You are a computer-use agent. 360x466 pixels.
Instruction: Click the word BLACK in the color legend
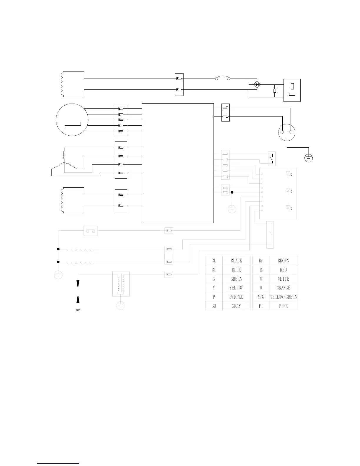[236, 261]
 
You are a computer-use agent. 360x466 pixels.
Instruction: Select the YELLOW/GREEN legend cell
[283, 297]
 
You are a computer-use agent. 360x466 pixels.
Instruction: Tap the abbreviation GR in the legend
[214, 306]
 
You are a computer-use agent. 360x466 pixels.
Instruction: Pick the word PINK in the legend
[283, 306]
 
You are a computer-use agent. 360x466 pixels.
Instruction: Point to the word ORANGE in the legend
[283, 288]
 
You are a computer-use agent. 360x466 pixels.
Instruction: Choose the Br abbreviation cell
[261, 261]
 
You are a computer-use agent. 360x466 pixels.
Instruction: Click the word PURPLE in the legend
[236, 297]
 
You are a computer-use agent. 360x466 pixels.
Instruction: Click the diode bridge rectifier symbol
[257, 84]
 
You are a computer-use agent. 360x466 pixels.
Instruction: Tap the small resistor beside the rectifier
[275, 91]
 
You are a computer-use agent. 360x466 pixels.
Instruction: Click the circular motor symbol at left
[72, 120]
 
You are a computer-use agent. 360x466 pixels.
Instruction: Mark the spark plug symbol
[121, 284]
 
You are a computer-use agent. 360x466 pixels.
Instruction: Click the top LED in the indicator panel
[288, 174]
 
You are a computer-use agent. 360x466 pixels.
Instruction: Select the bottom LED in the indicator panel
[288, 208]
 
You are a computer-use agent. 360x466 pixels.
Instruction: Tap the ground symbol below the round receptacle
[309, 158]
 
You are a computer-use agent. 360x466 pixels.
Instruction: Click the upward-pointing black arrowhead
[78, 299]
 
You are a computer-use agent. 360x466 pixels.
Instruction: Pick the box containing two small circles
[91, 231]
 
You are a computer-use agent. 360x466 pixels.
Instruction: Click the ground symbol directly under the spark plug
[120, 306]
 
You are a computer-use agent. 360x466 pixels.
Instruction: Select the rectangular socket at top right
[292, 90]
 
